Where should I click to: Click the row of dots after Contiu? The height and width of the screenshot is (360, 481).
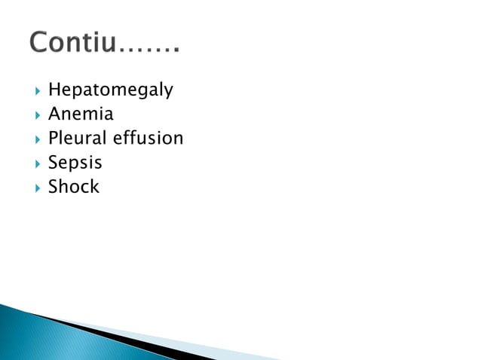pos(150,50)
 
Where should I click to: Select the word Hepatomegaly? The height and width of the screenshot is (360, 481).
pos(111,90)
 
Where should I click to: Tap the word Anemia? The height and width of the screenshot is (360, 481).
pos(81,114)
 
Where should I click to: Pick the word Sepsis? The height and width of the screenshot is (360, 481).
pos(75,163)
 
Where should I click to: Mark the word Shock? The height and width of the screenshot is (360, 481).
pos(73,186)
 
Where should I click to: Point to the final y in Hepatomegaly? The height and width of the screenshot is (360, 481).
pos(168,93)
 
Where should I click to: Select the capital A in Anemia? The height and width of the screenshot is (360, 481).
pos(54,114)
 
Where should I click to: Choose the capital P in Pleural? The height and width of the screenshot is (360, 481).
pos(54,139)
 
